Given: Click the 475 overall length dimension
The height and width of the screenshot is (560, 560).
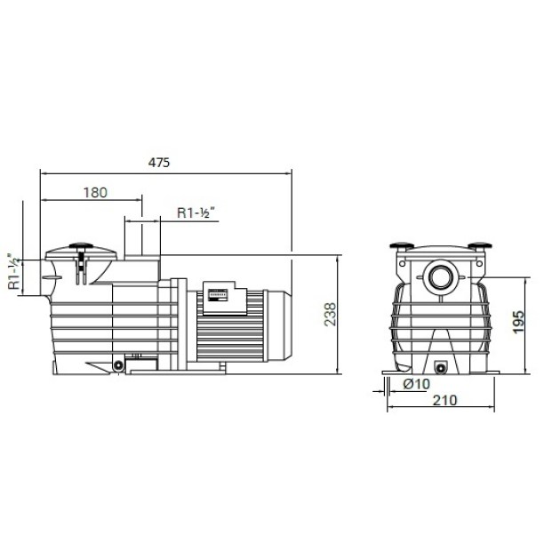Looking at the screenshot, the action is pos(159,163).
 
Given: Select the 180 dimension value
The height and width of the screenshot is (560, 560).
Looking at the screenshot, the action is pos(95,193).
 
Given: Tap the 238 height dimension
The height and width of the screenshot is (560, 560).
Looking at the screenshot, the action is pos(331,314).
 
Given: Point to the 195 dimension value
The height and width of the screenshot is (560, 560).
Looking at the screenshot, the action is pos(518,322).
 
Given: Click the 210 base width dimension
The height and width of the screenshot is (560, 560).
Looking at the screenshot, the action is pos(444,400).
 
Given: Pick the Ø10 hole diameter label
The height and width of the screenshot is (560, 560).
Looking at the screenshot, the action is pos(416,384).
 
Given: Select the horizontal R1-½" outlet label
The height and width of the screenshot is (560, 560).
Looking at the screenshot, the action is pos(196,212).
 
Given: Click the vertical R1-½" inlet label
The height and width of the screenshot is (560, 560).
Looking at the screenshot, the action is pos(14,271).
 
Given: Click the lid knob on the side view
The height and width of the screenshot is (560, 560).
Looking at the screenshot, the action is pos(81,245).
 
